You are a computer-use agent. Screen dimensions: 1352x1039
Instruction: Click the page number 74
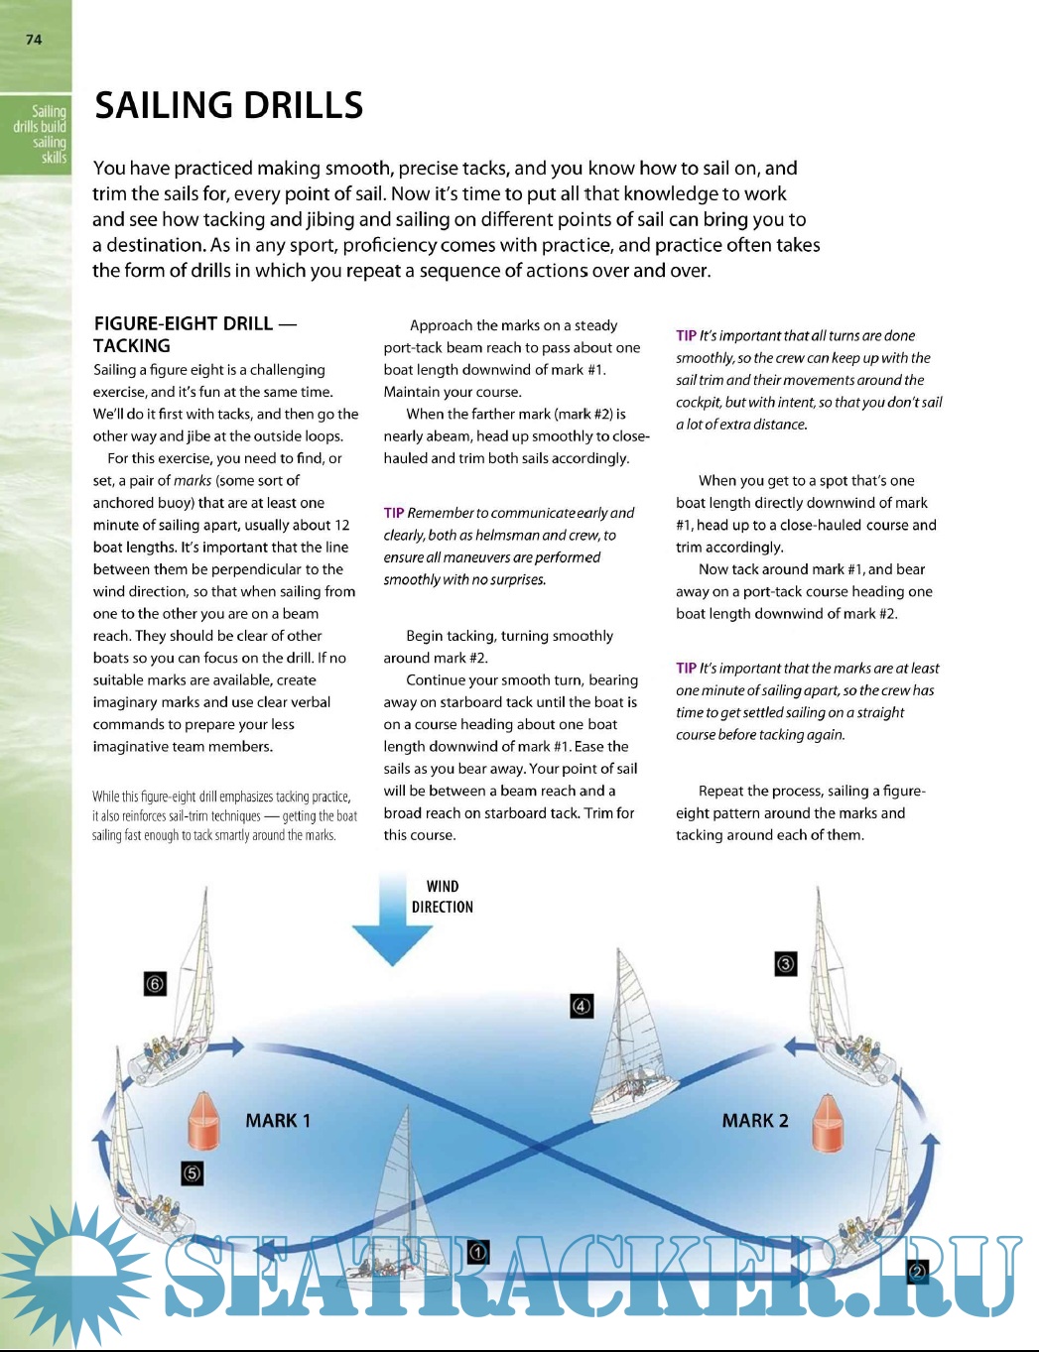coord(35,40)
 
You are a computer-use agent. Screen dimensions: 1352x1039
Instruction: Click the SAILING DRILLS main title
coord(228,105)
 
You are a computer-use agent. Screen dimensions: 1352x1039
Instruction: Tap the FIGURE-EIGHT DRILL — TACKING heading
coord(195,334)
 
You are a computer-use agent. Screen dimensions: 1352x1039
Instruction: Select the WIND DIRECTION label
coord(443,897)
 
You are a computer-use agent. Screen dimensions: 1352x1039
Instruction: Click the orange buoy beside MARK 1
coord(203,1121)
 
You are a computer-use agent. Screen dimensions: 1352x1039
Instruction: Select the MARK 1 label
coord(278,1121)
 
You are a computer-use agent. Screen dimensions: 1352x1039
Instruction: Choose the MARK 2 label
coord(755,1121)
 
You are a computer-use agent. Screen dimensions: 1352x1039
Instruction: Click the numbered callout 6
coord(155,984)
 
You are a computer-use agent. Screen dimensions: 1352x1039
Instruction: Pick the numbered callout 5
coord(193,1173)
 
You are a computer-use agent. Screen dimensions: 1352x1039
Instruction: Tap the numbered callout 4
coord(582,1006)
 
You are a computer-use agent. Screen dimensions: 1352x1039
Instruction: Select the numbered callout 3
coord(785,963)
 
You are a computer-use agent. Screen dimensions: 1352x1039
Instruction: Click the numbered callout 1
coord(477,1252)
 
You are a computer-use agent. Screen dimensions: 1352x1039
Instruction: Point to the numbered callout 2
coord(917,1272)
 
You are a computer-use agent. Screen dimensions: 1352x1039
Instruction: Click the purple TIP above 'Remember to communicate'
coord(394,513)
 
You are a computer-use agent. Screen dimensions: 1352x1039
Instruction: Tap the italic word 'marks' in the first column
coord(193,481)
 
